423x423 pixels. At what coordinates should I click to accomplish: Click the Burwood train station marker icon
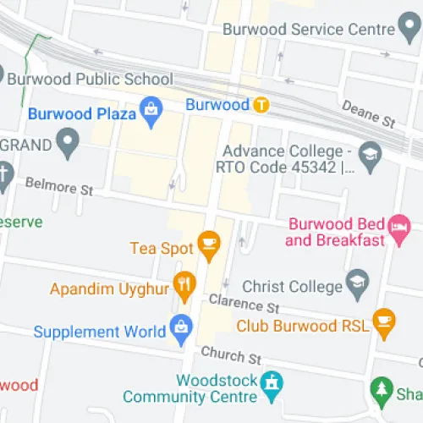click(261, 106)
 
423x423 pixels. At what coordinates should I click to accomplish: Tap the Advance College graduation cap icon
click(370, 155)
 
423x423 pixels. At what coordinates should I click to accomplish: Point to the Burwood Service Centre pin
click(410, 29)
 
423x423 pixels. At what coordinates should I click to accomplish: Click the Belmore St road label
click(58, 184)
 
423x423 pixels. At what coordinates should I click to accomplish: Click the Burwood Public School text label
click(90, 79)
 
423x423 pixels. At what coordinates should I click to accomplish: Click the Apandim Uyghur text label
click(109, 288)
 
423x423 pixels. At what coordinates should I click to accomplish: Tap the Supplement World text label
click(99, 332)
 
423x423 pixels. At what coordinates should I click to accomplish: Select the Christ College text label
click(291, 287)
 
